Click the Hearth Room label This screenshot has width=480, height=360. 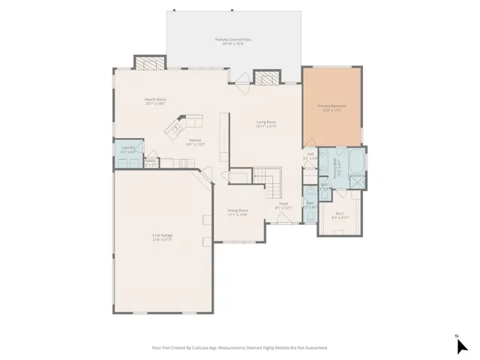click(155, 100)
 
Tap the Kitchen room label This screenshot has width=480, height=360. click(194, 141)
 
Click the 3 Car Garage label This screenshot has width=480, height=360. click(162, 238)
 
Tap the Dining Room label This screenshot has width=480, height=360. click(237, 212)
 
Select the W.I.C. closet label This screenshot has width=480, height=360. click(339, 215)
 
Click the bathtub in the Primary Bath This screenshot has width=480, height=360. click(353, 161)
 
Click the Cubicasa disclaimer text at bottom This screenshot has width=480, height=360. click(240, 347)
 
